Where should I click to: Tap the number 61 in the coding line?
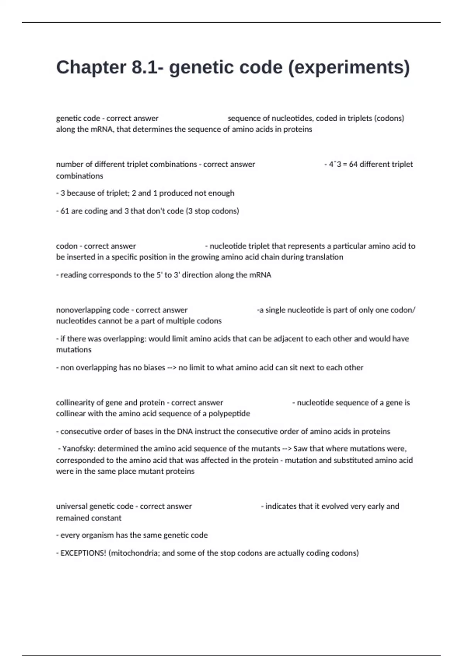65,211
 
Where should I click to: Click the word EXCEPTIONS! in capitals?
83,553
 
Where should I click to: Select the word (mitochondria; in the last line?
134,553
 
